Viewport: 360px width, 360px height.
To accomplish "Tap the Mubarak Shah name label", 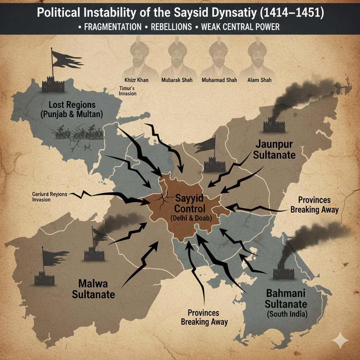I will point(176,80).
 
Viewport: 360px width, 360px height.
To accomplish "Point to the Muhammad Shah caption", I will point(219,80).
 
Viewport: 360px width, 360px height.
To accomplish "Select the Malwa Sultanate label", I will point(94,288).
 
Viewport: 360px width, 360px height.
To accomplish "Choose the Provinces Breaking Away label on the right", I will point(314,205).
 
